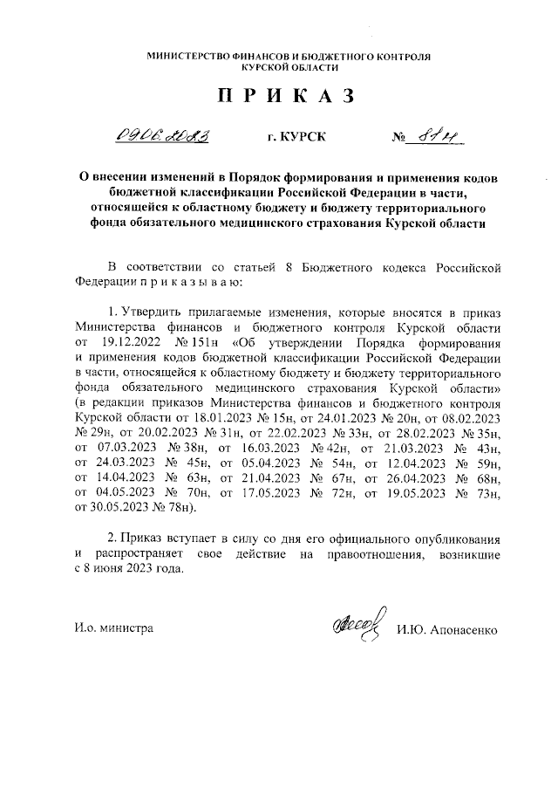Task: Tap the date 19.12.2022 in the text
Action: coord(132,342)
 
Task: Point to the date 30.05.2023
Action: coord(109,507)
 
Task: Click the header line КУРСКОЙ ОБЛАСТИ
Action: coord(279,67)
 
